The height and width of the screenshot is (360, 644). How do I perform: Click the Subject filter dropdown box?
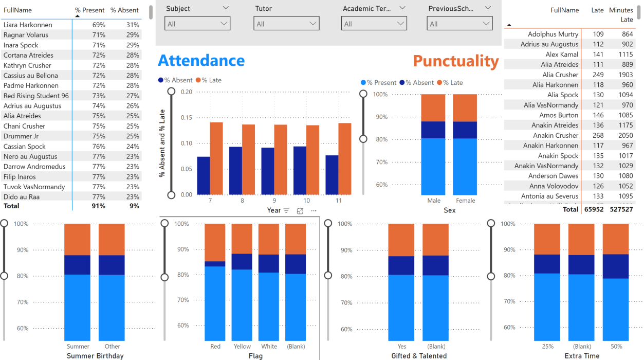point(197,24)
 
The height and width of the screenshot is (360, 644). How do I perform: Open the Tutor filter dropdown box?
point(286,24)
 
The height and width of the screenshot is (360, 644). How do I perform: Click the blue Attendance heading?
point(201,61)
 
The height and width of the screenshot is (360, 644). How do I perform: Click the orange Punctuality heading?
point(455,61)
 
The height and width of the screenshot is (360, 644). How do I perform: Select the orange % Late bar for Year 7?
point(216,158)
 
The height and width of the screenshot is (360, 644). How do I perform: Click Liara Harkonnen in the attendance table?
point(28,25)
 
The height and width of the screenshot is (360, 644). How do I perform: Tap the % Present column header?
point(89,10)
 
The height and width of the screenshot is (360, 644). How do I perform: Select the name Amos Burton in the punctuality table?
point(558,115)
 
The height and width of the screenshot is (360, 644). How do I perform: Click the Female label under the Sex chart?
point(465,201)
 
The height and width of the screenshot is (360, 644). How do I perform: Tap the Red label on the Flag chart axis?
point(215,346)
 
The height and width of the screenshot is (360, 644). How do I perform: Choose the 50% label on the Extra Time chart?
point(616,346)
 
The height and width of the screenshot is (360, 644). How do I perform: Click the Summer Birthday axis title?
point(95,356)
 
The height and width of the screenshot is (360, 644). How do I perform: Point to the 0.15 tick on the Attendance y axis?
point(186,118)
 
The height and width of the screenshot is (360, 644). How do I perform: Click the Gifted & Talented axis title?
point(419,356)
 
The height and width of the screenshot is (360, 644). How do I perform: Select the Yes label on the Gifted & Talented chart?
point(401,346)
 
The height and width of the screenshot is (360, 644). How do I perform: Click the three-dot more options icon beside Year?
point(314,210)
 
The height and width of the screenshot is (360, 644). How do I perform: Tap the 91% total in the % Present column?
point(98,206)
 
